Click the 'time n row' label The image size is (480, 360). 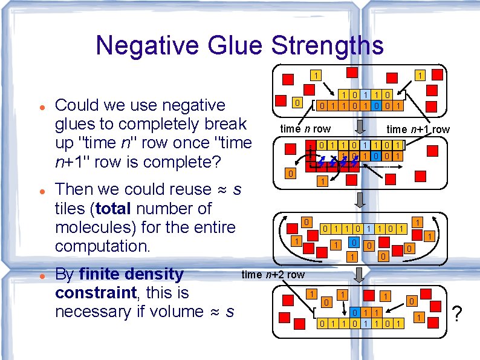tap(305, 129)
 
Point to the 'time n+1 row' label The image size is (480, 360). tap(418, 129)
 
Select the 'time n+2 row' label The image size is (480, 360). tap(273, 274)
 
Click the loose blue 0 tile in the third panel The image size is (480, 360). tap(355, 243)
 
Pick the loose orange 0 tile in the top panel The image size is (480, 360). tap(296, 103)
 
